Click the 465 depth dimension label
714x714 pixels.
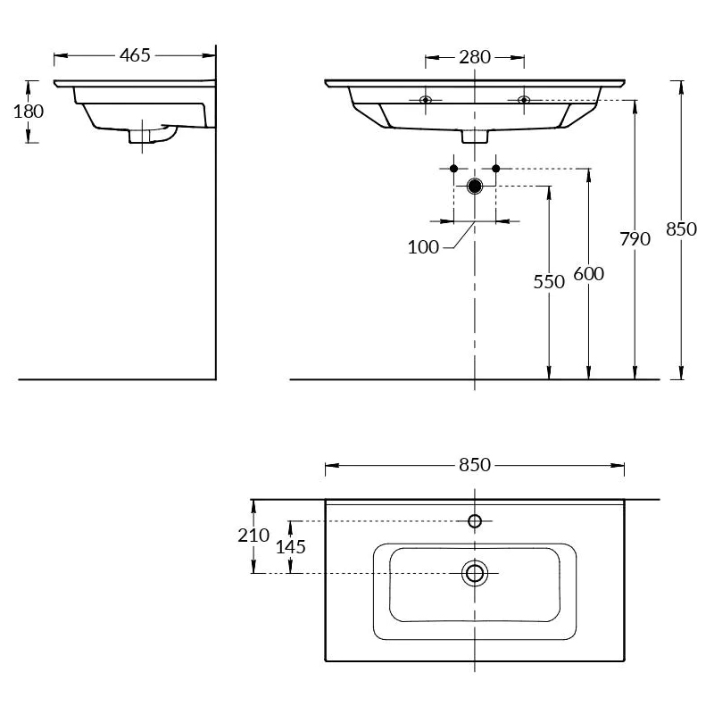[x=135, y=55]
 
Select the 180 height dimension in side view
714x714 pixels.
[x=29, y=111]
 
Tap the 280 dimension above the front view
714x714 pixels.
[x=475, y=57]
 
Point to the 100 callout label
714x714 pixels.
[x=423, y=247]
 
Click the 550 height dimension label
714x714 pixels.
[x=549, y=282]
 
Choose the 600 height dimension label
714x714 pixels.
[x=589, y=274]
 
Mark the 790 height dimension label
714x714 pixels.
[x=635, y=238]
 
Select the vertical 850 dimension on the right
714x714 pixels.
[x=681, y=229]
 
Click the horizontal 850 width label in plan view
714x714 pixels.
[x=475, y=465]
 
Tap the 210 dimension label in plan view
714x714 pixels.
[x=253, y=535]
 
